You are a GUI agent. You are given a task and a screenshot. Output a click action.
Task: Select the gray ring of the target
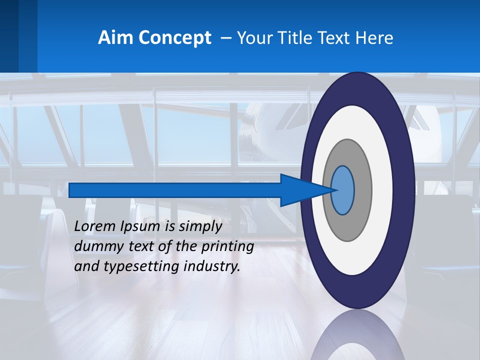[x=363, y=190]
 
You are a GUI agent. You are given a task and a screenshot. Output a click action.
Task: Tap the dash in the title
[x=225, y=38]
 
